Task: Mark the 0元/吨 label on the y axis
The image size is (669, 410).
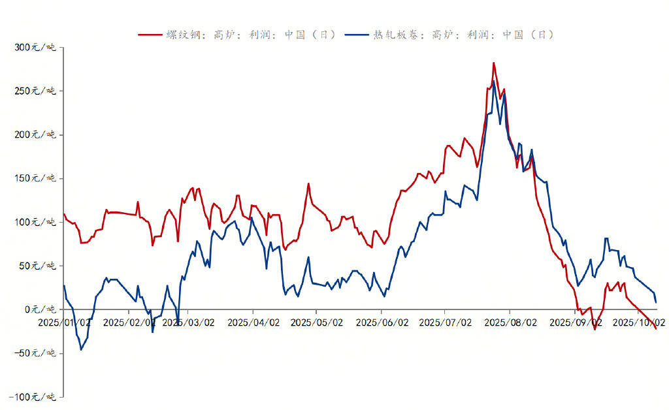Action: (x=40, y=310)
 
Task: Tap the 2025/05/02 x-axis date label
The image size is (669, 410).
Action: (x=317, y=323)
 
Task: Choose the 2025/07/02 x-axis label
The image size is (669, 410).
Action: (x=445, y=323)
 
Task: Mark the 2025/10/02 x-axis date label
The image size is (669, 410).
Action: (x=638, y=323)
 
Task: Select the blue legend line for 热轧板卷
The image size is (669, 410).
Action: (x=357, y=35)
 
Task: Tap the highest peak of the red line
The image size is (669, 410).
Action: (x=493, y=63)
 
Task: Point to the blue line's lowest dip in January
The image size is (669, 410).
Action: (x=81, y=349)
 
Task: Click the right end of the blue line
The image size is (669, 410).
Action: (x=656, y=302)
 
